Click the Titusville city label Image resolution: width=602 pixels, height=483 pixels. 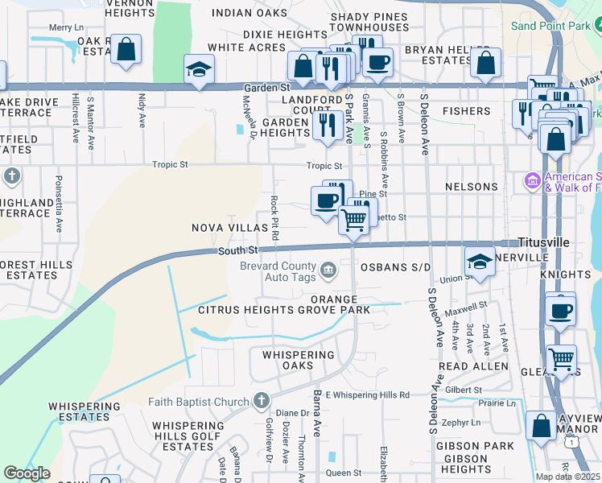click(543, 242)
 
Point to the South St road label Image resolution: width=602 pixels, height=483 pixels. click(237, 251)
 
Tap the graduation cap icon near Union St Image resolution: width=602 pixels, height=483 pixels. click(479, 261)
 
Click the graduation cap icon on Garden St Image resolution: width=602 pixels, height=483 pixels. click(198, 69)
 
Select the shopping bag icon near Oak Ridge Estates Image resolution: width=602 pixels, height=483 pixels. click(126, 50)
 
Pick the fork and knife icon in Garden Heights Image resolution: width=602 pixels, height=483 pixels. click(327, 125)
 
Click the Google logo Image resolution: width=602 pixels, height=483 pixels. click(27, 473)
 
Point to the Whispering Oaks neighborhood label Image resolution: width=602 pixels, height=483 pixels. click(291, 360)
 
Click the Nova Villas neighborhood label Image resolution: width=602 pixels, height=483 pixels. click(229, 228)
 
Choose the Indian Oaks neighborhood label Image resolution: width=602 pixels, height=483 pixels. click(249, 14)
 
